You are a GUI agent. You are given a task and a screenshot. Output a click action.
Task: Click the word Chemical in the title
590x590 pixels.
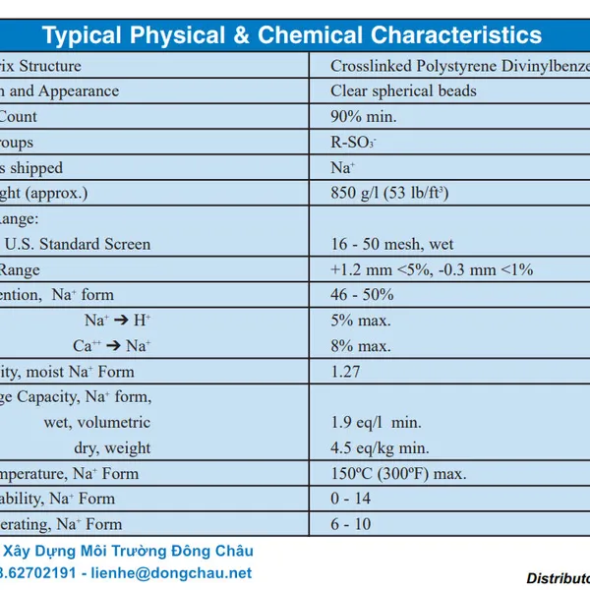point(312,36)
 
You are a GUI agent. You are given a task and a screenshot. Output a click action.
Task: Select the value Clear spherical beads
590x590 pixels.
point(403,91)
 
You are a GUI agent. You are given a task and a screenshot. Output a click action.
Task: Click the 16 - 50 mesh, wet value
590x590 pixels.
point(392,244)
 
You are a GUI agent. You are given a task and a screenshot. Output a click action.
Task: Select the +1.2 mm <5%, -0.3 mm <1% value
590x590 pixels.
point(432,269)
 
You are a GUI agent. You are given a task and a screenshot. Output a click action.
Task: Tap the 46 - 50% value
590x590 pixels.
point(362,295)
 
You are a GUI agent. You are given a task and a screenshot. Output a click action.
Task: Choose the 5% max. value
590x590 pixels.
point(360,321)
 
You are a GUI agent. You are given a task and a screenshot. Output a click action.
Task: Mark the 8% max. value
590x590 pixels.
point(360,346)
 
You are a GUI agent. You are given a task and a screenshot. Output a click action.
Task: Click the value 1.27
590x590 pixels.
point(345,372)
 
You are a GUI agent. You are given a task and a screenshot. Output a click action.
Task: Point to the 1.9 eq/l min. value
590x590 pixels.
point(376,423)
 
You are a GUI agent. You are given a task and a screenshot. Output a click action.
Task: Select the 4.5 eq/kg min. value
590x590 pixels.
point(380,448)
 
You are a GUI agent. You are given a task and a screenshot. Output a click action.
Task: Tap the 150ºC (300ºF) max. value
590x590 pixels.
point(398,474)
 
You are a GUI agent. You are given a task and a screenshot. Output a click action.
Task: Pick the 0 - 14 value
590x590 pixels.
point(350,500)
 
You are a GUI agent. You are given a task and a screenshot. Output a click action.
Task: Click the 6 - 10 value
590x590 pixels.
point(350,525)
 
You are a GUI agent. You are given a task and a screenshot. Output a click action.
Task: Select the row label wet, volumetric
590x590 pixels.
point(97,423)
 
